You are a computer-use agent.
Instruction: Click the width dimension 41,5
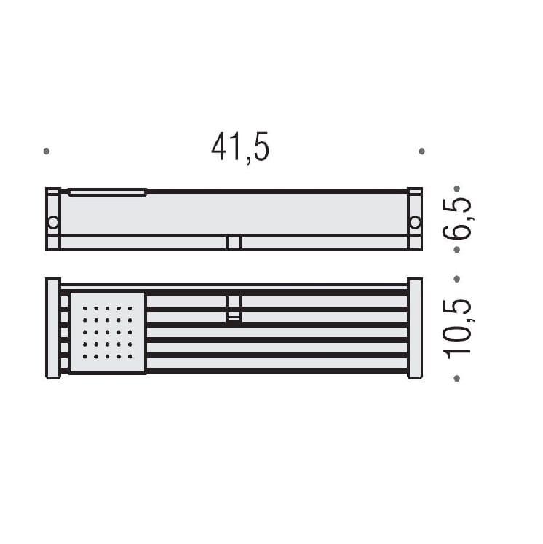coord(240,147)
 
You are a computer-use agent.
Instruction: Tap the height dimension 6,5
coord(457,218)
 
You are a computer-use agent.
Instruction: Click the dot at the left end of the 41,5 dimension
coord(47,151)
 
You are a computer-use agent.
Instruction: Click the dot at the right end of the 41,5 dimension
coord(421,151)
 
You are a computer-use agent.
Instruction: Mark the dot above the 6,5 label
coord(456,188)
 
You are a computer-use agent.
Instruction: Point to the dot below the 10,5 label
coord(456,378)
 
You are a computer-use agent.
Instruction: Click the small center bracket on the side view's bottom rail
coord(234,243)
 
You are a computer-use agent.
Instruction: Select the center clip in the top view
coord(234,308)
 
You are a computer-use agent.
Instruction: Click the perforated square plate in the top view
coord(108,333)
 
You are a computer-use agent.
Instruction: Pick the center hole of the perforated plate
coord(108,333)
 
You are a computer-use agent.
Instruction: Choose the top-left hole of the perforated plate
coord(85,308)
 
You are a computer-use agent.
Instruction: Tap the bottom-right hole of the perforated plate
coord(131,357)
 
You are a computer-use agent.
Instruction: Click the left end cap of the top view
coord(53,328)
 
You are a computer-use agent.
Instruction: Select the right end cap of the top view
coord(415,328)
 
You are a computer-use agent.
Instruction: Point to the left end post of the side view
coord(53,218)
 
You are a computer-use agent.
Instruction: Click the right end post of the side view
coord(415,218)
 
